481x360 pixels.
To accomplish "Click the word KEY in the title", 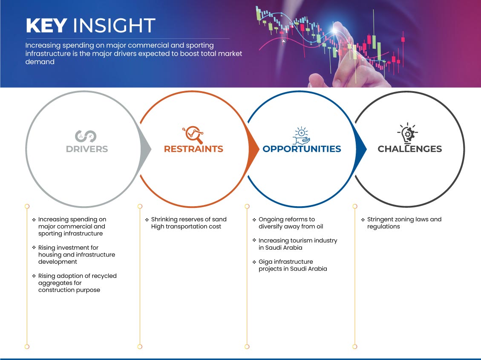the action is pos(46,26).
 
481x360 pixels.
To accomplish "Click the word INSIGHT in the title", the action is pos(114,26).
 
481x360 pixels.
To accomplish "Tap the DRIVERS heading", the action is pos(87,149).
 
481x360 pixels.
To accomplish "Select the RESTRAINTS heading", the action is pos(193,149).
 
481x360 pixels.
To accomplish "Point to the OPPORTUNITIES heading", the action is pos(302,149).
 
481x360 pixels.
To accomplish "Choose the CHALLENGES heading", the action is pos(410,149).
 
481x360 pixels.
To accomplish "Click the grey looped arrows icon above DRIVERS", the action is pos(86,136).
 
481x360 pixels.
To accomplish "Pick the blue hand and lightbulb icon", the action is pos(301,135).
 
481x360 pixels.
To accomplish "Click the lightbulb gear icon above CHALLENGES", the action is pos(408,133).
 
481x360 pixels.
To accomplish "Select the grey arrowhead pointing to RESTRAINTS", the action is pos(146,150).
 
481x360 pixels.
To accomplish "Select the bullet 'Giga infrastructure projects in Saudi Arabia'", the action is pos(290,265).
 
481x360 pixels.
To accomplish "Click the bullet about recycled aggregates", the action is pos(75,283).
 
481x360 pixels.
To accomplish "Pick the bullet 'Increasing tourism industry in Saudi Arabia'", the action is pos(295,244).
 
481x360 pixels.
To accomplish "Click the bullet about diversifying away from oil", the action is pos(288,223).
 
